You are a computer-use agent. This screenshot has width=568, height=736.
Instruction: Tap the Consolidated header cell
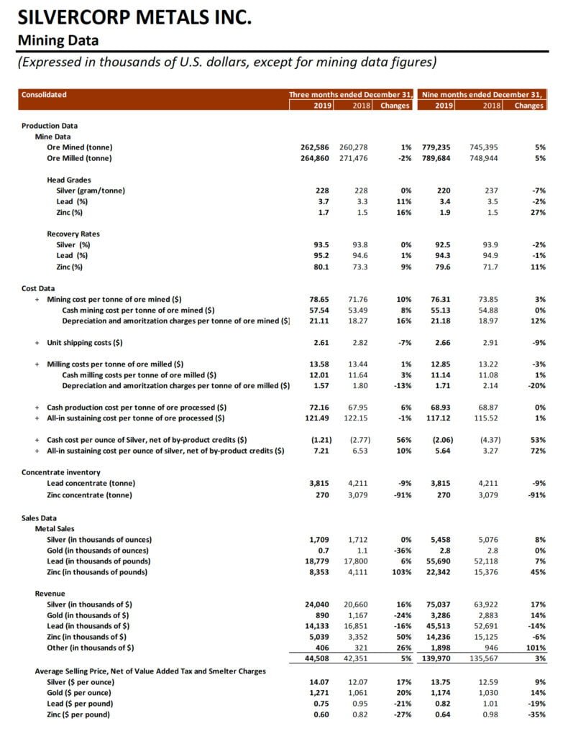pos(44,94)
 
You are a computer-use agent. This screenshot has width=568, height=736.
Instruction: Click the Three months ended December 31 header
pos(350,94)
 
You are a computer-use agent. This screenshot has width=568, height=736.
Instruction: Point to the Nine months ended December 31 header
pos(482,94)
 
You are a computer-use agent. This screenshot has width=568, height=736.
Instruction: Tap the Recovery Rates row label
pos(73,234)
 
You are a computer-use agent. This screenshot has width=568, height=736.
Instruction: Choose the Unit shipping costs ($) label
pos(85,342)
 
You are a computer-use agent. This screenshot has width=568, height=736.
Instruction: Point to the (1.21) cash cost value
pos(316,440)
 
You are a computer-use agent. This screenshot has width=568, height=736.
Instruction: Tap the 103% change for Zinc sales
pos(400,571)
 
